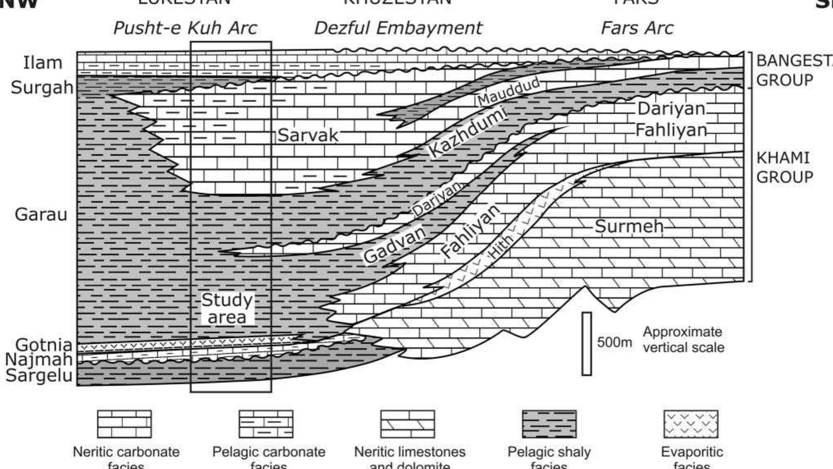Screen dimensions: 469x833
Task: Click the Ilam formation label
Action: (x=43, y=63)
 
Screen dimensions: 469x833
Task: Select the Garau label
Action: (x=41, y=214)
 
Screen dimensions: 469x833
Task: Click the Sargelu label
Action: (x=39, y=375)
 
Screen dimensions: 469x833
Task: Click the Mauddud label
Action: (x=508, y=91)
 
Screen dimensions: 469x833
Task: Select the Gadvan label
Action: (x=395, y=245)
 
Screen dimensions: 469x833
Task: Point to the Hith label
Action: (x=500, y=246)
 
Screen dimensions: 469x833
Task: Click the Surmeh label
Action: (x=629, y=226)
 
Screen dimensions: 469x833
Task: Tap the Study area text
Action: (x=227, y=308)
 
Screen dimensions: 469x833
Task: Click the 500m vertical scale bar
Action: (x=587, y=344)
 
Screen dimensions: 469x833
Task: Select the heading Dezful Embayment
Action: (x=398, y=28)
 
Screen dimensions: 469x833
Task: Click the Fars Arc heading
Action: (x=637, y=28)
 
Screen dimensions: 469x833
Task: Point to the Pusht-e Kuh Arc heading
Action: (x=185, y=28)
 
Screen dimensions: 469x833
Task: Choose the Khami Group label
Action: (x=784, y=168)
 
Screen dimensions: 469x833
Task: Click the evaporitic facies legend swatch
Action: (x=691, y=424)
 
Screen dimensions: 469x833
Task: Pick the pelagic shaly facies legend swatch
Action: (x=549, y=424)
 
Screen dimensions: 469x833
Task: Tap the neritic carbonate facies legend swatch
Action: (x=124, y=424)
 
